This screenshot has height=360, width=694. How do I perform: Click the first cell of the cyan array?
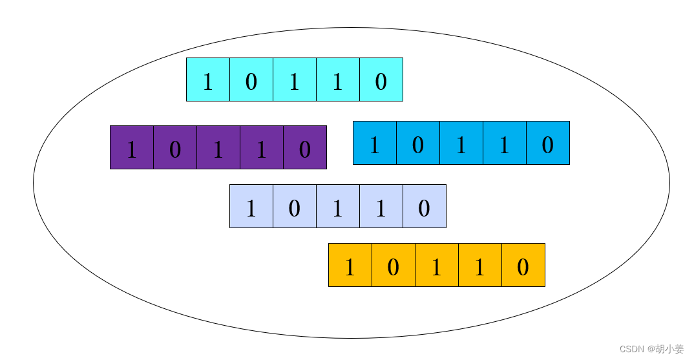pos(208,79)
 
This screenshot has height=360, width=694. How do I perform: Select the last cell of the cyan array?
pos(381,79)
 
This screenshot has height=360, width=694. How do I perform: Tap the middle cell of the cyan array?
pos(295,79)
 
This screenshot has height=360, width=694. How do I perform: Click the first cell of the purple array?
pos(132,147)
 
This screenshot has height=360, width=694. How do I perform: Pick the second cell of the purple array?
pos(175,147)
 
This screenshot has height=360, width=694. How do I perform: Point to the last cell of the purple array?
pos(305,147)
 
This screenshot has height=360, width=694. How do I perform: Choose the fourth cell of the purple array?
pos(262,147)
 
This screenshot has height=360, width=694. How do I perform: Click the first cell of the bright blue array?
pos(375,143)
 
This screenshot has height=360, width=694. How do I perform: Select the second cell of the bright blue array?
pos(418,143)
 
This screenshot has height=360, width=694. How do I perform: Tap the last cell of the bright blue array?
pos(548,143)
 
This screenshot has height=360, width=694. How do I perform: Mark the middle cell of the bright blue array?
pos(461,143)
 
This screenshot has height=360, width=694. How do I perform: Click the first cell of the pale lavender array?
pos(251,206)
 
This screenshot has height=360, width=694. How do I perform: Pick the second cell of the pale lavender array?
pos(295,206)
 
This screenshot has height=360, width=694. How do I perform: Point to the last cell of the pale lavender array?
pos(425,206)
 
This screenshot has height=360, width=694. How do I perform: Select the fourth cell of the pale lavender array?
pos(381,206)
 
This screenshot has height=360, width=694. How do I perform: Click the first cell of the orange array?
pos(350,265)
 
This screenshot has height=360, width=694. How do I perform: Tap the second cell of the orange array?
pos(394,265)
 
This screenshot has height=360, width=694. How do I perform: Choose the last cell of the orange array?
pos(523,265)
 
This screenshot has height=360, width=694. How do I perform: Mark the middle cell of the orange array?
pos(437,265)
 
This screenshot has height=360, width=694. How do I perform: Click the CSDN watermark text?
pos(651,349)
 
